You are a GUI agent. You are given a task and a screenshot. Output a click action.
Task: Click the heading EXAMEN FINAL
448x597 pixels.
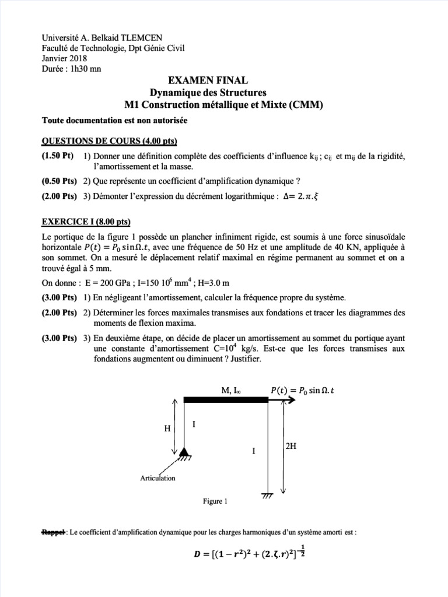click(x=223, y=80)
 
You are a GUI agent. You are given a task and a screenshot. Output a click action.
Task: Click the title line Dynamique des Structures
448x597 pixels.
click(x=223, y=93)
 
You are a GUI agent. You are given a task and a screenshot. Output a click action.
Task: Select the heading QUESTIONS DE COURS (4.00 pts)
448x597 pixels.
click(x=110, y=142)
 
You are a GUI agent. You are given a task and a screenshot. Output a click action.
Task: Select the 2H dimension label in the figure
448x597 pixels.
click(x=292, y=447)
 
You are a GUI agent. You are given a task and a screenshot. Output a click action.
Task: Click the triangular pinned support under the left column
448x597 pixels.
click(x=184, y=452)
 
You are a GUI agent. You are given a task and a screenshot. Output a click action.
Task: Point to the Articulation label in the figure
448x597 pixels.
click(x=157, y=478)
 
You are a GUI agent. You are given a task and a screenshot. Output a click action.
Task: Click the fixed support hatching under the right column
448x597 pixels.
click(x=268, y=496)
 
